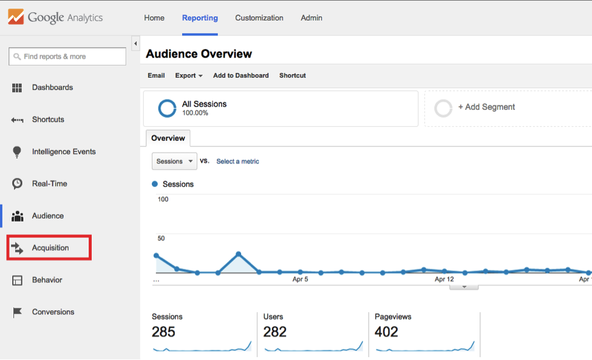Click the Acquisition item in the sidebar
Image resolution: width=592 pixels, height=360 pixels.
(50, 248)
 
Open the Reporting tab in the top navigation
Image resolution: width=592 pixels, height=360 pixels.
(200, 18)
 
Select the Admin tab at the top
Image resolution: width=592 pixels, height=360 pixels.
(311, 18)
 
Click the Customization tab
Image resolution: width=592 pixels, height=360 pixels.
(259, 18)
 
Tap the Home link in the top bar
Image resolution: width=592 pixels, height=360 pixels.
(154, 18)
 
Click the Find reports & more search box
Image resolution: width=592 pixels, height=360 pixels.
(67, 56)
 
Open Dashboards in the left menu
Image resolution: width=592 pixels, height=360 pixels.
(52, 87)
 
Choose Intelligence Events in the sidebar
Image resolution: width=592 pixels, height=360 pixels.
(64, 152)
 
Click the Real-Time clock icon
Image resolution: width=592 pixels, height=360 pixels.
(18, 183)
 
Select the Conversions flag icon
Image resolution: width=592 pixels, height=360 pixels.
(18, 312)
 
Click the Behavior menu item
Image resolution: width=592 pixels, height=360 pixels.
(47, 280)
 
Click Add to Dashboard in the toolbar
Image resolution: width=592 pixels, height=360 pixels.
(240, 75)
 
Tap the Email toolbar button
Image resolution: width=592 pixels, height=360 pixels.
(156, 75)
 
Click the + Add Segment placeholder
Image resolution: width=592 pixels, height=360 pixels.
(486, 107)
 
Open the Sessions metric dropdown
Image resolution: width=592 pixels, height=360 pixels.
(174, 161)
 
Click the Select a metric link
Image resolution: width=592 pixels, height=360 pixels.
(237, 161)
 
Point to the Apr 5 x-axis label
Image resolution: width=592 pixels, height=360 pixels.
(300, 279)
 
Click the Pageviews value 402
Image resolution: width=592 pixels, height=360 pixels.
(386, 332)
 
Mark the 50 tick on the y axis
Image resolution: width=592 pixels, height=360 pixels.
(162, 239)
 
